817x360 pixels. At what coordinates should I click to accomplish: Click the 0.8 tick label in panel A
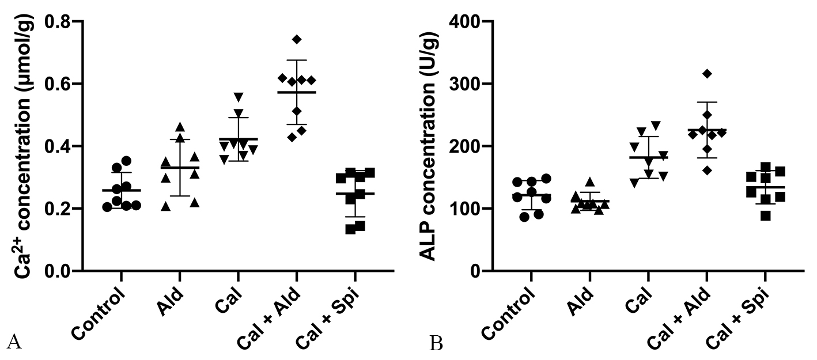click(64, 22)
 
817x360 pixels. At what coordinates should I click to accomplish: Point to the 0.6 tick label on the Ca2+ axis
click(64, 84)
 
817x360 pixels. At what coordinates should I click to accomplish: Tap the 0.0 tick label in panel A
click(64, 271)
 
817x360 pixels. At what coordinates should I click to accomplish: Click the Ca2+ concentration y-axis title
click(22, 146)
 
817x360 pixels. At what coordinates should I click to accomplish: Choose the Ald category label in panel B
click(578, 301)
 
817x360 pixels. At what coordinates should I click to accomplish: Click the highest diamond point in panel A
click(297, 39)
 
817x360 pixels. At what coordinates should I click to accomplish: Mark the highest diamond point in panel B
click(708, 73)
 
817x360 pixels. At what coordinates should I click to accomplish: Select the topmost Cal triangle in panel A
click(238, 96)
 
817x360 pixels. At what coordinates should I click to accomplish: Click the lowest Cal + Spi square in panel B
click(765, 216)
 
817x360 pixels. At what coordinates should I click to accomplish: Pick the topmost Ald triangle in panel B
click(589, 181)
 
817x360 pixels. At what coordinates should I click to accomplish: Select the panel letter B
click(436, 344)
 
